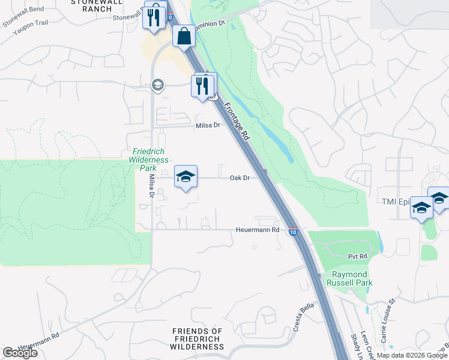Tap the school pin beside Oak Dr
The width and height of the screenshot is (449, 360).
[186, 177]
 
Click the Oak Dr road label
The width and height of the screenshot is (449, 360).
[240, 178]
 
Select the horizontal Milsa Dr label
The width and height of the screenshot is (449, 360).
[208, 125]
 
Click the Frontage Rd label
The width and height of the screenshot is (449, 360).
[237, 121]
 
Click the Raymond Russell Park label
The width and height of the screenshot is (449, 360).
[352, 278]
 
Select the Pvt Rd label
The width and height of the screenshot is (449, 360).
[358, 256]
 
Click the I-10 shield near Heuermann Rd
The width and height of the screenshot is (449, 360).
[292, 231]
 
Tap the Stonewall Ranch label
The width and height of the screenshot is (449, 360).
[91, 6]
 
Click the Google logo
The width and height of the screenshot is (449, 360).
[20, 353]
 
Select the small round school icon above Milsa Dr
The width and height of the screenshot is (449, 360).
[157, 84]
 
